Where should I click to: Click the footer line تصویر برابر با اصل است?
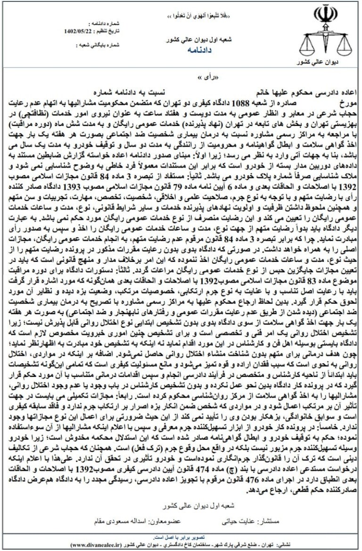click(x=182, y=537)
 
